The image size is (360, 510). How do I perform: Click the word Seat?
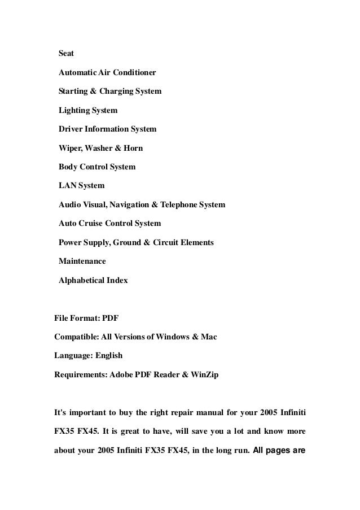click(x=66, y=54)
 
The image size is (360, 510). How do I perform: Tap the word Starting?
click(x=72, y=91)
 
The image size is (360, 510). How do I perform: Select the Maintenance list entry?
click(x=82, y=261)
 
